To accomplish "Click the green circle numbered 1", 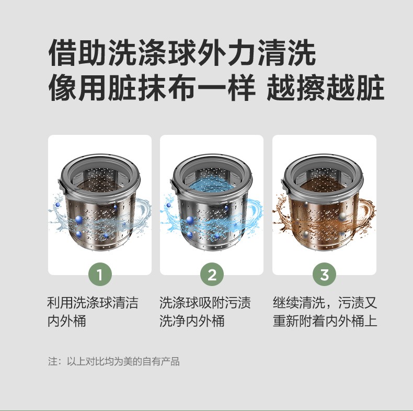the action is [x=99, y=275].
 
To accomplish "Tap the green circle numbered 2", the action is [x=212, y=275].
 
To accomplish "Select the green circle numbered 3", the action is [x=324, y=275].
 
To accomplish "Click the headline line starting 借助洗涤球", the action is [x=182, y=52].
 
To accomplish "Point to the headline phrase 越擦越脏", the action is [x=325, y=87].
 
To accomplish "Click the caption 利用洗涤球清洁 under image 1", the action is [x=93, y=302].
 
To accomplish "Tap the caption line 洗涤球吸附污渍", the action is [x=205, y=302].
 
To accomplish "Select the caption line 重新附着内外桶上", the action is [x=325, y=321].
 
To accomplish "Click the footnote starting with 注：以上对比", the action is [x=114, y=361].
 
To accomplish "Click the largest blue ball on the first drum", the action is [x=78, y=219].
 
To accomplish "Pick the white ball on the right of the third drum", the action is [x=342, y=216].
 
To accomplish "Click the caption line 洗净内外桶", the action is [x=192, y=321].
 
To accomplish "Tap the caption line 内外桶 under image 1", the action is [x=66, y=321].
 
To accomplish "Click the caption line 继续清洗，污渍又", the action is [x=325, y=302].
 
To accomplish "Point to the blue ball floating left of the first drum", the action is [x=58, y=204].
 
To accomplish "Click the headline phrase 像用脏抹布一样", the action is [x=152, y=87].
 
